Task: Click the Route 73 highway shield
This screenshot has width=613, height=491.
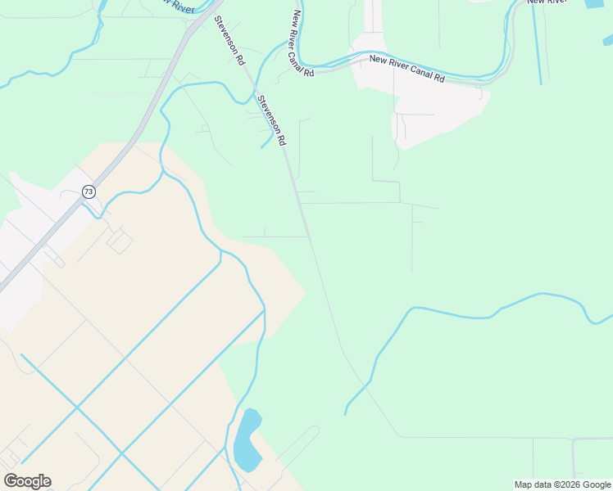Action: point(89,191)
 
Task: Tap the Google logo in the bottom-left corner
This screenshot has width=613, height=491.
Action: point(28,481)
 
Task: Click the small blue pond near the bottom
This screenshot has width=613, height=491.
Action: point(246,442)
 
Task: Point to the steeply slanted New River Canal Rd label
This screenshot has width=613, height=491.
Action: point(302,44)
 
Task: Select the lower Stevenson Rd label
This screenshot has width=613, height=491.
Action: point(271,120)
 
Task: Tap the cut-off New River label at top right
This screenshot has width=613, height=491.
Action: point(547,2)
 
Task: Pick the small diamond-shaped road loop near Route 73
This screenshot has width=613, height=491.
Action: point(120,241)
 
